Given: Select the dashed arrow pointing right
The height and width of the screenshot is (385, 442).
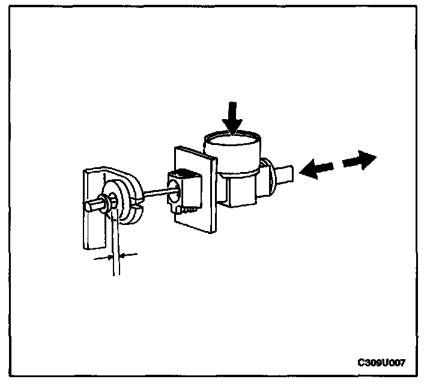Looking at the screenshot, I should point(359,161).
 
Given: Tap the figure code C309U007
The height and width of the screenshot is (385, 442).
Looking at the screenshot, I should point(381,363).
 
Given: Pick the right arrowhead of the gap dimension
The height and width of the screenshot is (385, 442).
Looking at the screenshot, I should point(124,256).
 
